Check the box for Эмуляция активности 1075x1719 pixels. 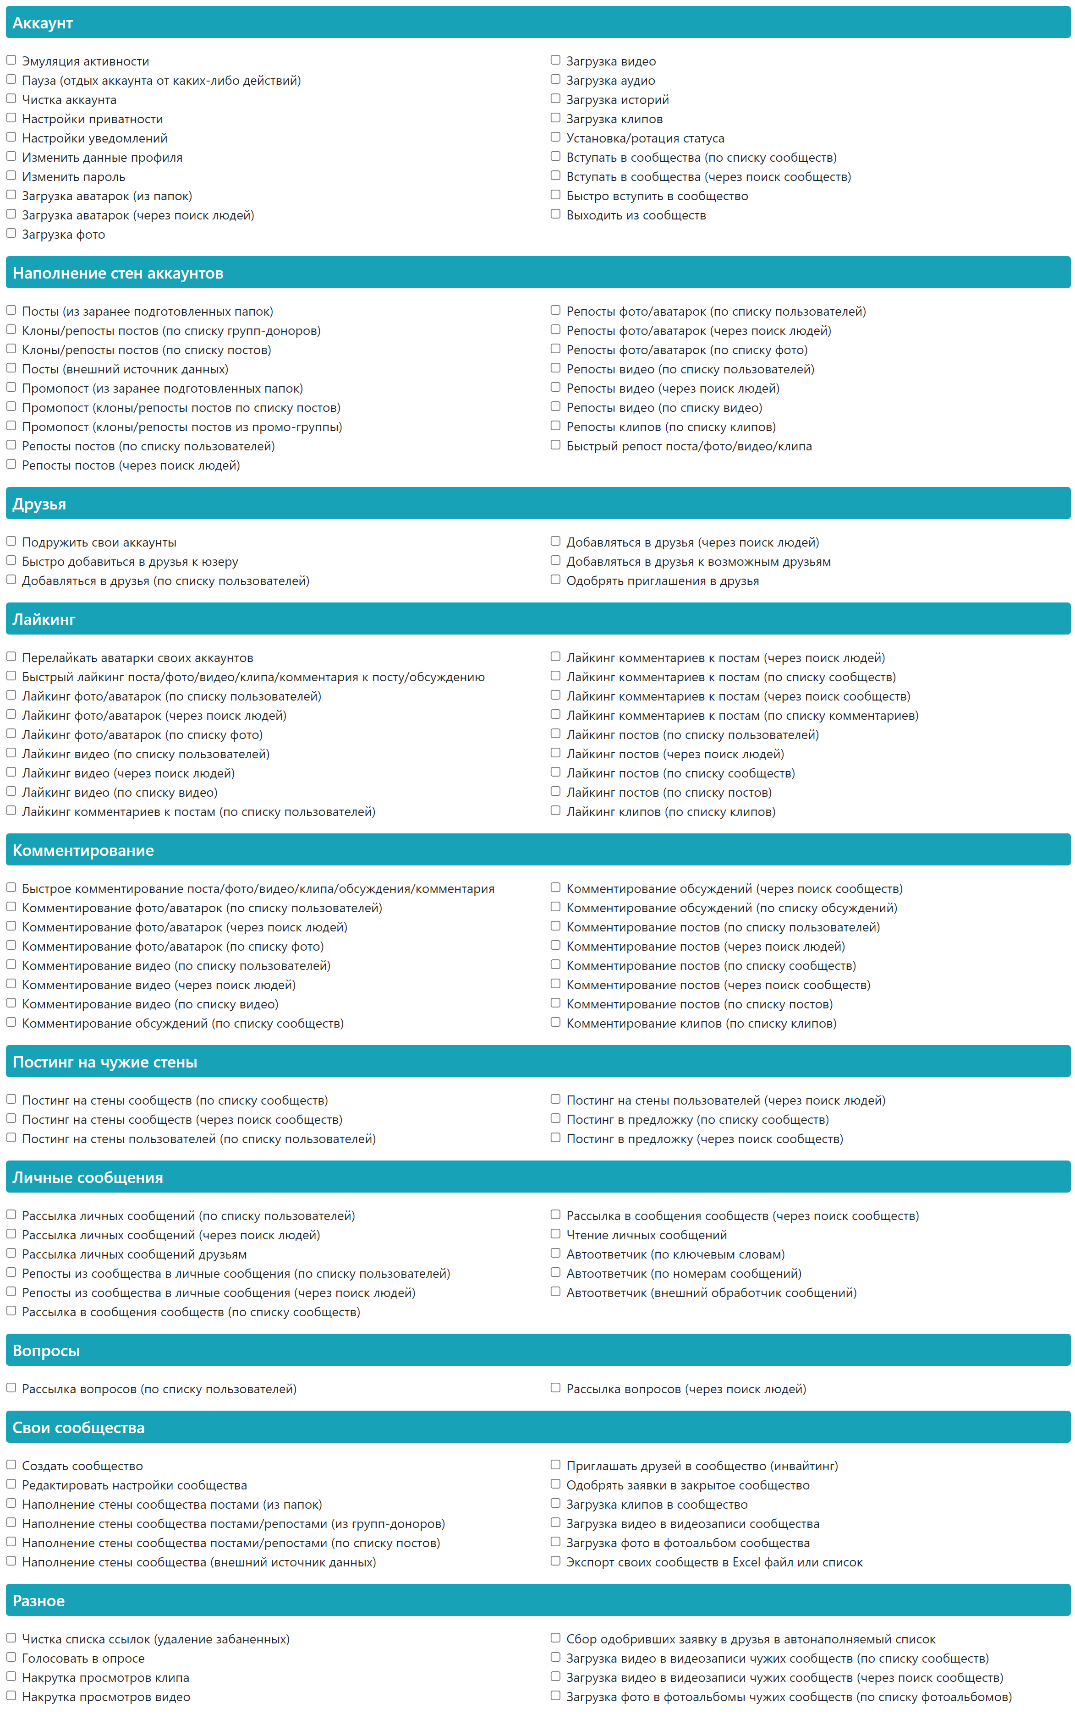[11, 60]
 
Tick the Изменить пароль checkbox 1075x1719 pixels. [11, 175]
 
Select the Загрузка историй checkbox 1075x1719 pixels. [555, 99]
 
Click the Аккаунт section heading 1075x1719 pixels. [43, 23]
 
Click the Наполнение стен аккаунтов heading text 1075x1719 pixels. [118, 273]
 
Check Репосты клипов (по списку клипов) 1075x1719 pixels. [555, 426]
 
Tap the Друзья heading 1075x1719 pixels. [39, 504]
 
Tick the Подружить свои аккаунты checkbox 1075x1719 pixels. [11, 542]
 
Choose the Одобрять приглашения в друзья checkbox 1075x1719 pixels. [555, 580]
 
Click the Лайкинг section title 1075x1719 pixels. [44, 619]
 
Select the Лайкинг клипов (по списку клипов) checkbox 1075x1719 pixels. [555, 810]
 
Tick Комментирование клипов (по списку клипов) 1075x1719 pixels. [555, 1022]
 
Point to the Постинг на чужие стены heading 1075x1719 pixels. [105, 1062]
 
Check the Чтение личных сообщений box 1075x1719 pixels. [555, 1234]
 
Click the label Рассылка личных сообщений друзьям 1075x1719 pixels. [134, 1254]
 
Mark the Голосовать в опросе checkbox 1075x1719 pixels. [11, 1657]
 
